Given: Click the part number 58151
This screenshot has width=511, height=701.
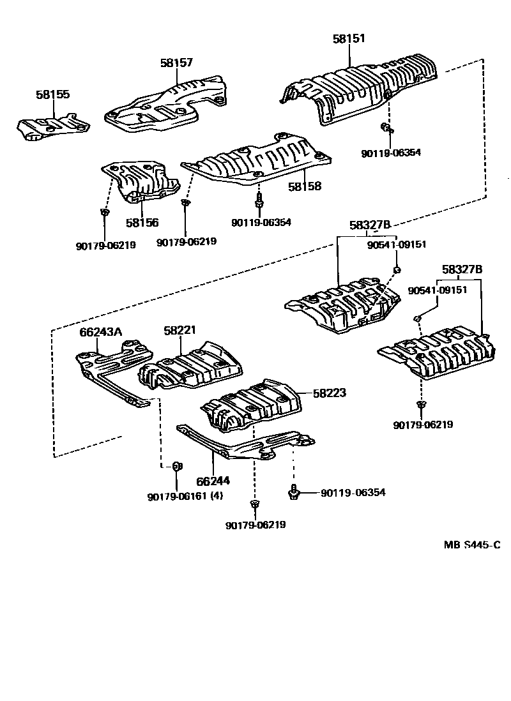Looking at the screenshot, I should (349, 39).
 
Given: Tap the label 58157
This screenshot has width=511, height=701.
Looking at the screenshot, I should (176, 63).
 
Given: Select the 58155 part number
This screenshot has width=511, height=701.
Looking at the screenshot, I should (53, 94).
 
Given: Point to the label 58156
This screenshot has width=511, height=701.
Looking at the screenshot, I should (142, 223).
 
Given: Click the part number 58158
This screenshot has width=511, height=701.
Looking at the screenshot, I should (304, 187).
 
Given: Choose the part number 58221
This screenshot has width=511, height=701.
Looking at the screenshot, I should (179, 331).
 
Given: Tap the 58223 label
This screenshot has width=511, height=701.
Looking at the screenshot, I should (330, 393).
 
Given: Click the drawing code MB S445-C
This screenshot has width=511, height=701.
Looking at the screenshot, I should (472, 545).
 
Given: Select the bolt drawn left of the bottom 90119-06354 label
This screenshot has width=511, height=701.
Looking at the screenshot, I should (294, 492).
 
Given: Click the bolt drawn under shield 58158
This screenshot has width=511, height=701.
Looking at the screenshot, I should (260, 201).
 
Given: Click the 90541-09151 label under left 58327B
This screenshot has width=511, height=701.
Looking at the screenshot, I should (397, 244).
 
